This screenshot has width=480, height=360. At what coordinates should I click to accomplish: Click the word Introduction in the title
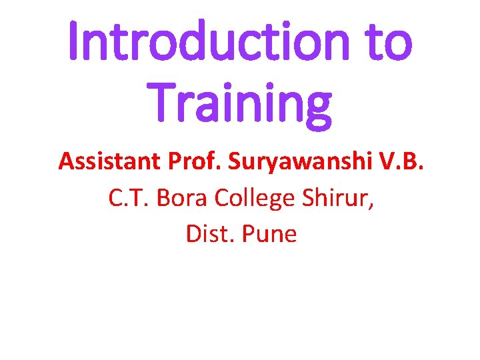point(207,42)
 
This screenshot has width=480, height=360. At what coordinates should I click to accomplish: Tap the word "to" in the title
point(387,42)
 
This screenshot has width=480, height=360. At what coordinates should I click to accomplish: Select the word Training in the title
point(240,103)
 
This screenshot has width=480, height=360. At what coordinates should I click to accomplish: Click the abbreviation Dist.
point(207,234)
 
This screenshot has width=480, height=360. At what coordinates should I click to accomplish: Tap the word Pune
point(270,234)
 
